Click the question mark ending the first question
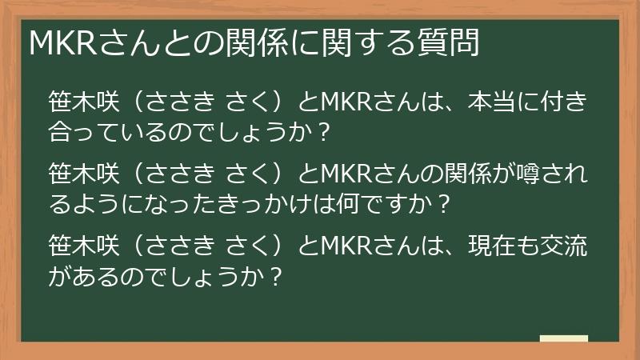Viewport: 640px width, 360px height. coord(324,135)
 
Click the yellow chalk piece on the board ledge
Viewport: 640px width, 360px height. coord(563,339)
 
